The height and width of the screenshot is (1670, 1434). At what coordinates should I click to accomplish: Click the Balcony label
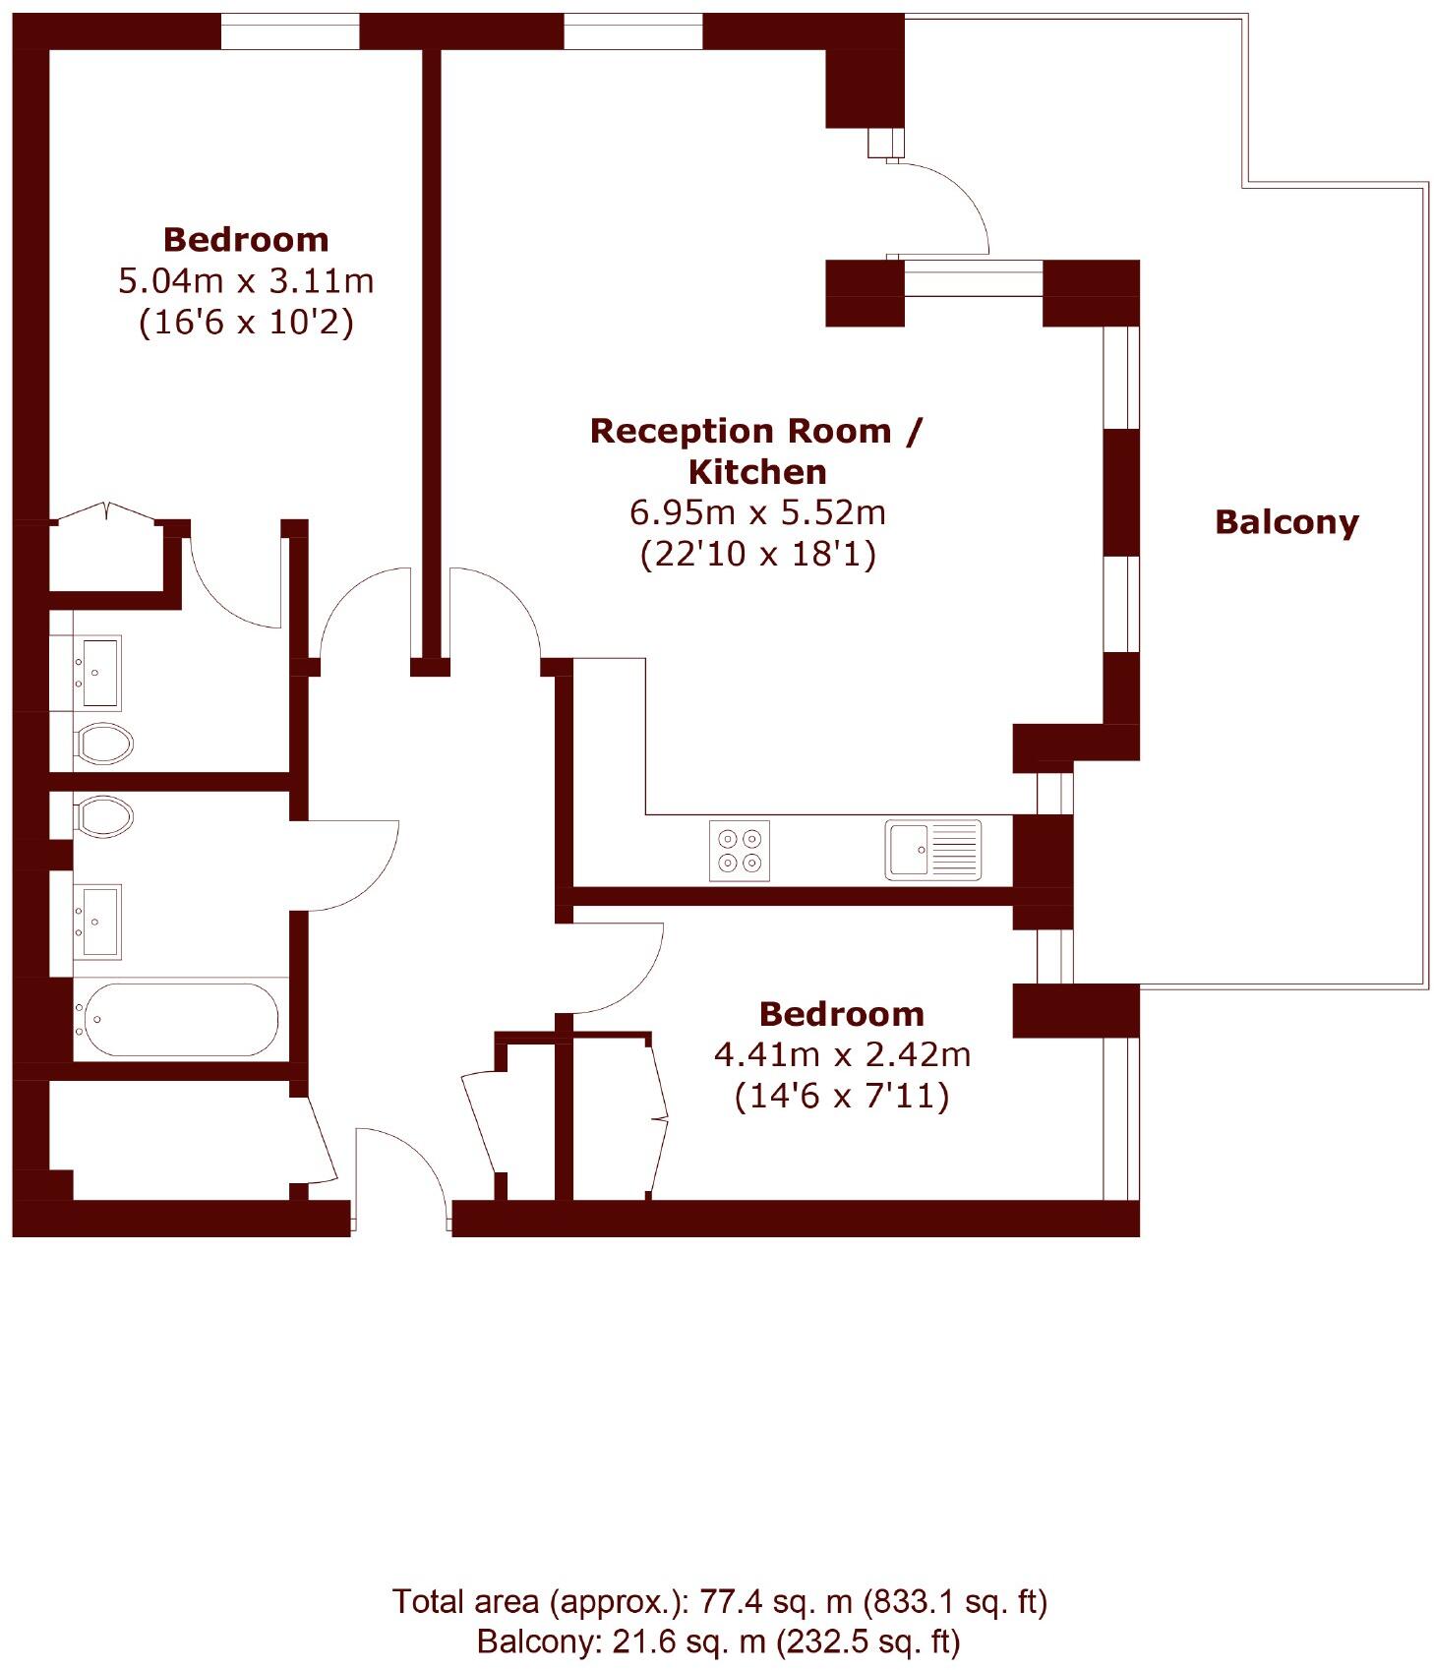[1285, 521]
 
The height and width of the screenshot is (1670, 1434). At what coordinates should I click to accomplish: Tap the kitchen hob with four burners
[739, 851]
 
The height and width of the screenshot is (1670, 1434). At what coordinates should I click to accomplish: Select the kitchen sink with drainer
[932, 850]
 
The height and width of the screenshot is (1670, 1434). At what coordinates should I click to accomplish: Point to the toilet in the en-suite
[104, 744]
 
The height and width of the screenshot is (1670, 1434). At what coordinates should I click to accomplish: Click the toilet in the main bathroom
[104, 816]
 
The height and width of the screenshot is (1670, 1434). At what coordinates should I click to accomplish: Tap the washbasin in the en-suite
[100, 672]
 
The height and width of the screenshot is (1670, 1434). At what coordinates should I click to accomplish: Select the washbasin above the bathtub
[100, 921]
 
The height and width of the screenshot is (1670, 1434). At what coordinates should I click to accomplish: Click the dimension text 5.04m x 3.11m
[246, 281]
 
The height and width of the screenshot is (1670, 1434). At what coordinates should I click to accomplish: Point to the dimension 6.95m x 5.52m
[757, 512]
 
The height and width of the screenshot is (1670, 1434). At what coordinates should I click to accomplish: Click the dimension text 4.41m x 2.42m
[842, 1055]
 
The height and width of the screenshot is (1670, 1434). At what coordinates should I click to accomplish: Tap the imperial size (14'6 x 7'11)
[842, 1096]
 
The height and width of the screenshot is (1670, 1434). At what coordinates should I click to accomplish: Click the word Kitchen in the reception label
[757, 472]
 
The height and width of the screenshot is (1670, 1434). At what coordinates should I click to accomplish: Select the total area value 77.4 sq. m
[775, 1602]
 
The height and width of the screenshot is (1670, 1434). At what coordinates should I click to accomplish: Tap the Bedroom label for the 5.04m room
[246, 239]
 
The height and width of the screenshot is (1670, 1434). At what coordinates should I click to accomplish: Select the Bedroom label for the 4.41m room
[842, 1014]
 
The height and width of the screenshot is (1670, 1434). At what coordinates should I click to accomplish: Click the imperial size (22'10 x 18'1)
[757, 555]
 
